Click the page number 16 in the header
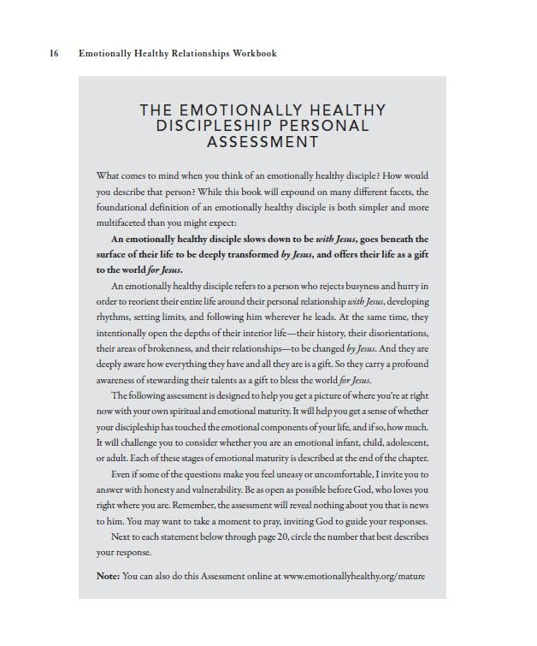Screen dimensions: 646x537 click(x=55, y=54)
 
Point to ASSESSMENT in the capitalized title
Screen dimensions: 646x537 click(x=263, y=142)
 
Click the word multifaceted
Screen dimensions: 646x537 click(x=125, y=223)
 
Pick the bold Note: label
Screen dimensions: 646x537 click(x=108, y=576)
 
